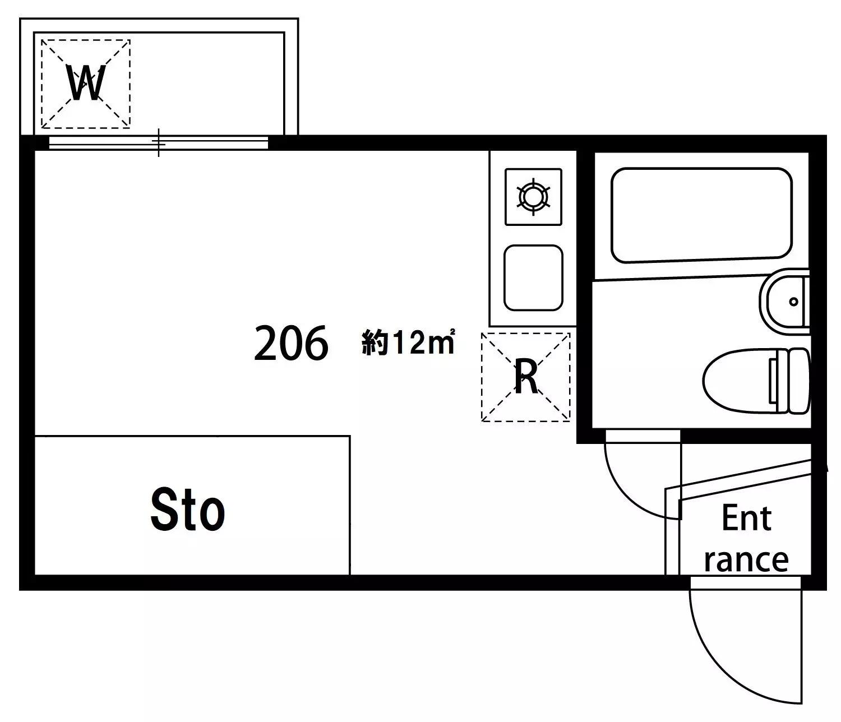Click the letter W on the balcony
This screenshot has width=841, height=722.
click(x=87, y=83)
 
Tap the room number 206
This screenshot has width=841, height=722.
click(x=292, y=343)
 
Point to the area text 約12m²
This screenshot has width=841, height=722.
click(x=409, y=343)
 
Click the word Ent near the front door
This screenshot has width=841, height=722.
click(x=747, y=519)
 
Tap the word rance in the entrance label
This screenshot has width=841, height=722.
click(x=746, y=561)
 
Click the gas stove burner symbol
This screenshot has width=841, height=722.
click(x=533, y=197)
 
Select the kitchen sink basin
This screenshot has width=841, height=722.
click(x=533, y=278)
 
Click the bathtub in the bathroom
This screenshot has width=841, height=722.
click(x=702, y=215)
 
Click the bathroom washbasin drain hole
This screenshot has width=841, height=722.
click(x=793, y=302)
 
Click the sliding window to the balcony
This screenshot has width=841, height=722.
click(x=159, y=143)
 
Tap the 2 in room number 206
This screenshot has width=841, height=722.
click(x=266, y=343)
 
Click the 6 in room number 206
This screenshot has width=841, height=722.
click(x=317, y=343)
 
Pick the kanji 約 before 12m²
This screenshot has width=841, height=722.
click(x=375, y=343)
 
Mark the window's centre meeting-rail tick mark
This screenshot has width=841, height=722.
click(x=159, y=142)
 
